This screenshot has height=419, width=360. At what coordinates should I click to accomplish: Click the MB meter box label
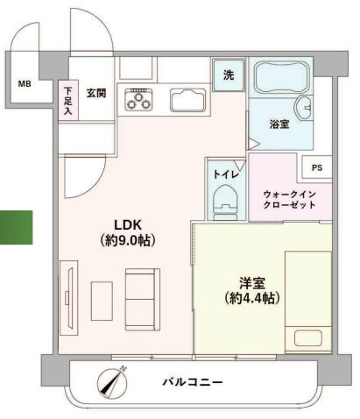[x=25, y=84]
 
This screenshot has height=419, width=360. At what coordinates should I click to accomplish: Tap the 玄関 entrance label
[x=96, y=93]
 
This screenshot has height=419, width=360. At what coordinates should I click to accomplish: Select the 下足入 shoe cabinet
[x=68, y=100]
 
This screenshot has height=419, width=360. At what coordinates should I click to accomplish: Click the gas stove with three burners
[x=138, y=100]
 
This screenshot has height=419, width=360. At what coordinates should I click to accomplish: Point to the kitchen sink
[x=188, y=100]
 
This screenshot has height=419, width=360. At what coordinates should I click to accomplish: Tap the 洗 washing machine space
[x=229, y=75]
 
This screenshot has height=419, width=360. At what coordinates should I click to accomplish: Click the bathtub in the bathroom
[x=281, y=76]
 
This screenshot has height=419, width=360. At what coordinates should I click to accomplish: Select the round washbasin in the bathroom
[x=303, y=108]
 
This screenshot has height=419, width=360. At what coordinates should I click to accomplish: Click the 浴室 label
[x=279, y=124]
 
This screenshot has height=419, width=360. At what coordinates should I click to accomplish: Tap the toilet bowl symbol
[x=226, y=202]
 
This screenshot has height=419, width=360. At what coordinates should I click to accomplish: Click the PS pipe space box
[x=317, y=167]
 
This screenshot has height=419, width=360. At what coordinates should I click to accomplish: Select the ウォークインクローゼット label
[x=289, y=200]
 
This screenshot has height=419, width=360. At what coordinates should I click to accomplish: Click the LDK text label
[x=128, y=225]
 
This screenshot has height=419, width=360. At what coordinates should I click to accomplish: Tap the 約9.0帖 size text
[x=128, y=240]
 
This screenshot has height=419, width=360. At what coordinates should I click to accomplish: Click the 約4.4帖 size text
[x=252, y=298]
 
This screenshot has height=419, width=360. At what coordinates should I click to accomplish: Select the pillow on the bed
[x=308, y=338]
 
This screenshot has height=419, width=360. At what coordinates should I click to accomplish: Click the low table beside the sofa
[x=102, y=301]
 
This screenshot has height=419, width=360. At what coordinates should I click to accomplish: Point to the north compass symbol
[x=113, y=383]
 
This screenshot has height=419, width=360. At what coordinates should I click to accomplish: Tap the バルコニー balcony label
[x=193, y=382]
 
